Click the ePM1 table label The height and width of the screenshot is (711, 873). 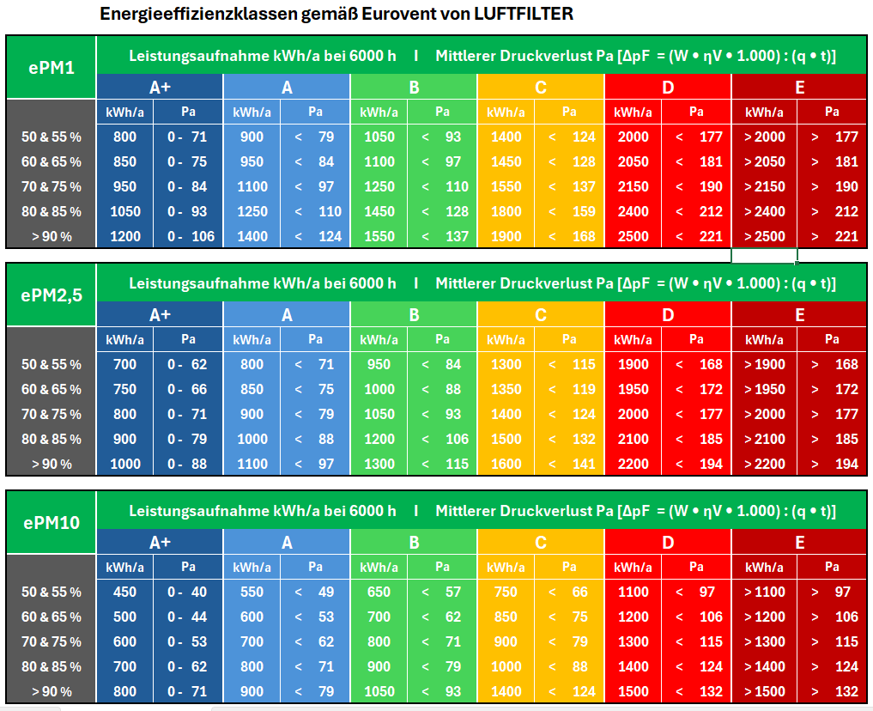pyautogui.click(x=51, y=66)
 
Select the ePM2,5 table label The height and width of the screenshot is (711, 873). pyautogui.click(x=51, y=294)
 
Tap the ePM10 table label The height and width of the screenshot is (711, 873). pyautogui.click(x=51, y=521)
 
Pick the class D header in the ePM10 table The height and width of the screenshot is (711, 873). pyautogui.click(x=668, y=542)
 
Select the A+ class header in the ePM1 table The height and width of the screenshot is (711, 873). pyautogui.click(x=160, y=87)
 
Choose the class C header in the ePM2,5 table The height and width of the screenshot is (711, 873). pyautogui.click(x=541, y=315)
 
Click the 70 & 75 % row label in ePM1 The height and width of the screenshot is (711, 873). pyautogui.click(x=52, y=186)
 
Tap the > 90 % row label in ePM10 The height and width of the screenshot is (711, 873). pyautogui.click(x=52, y=691)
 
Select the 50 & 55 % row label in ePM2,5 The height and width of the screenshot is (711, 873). pyautogui.click(x=52, y=364)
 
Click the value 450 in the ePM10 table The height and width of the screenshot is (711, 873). pyautogui.click(x=124, y=592)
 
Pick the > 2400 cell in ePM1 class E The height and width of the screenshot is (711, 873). pyautogui.click(x=764, y=211)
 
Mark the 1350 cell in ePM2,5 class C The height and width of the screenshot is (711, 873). pyautogui.click(x=506, y=389)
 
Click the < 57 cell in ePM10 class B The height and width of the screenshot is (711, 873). pyautogui.click(x=442, y=592)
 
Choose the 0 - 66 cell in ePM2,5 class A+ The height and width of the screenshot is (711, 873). pyautogui.click(x=188, y=389)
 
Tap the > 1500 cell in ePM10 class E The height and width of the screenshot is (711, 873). pyautogui.click(x=764, y=691)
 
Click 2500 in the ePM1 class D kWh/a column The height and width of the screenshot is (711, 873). pyautogui.click(x=634, y=236)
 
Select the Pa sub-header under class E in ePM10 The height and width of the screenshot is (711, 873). pyautogui.click(x=832, y=567)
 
